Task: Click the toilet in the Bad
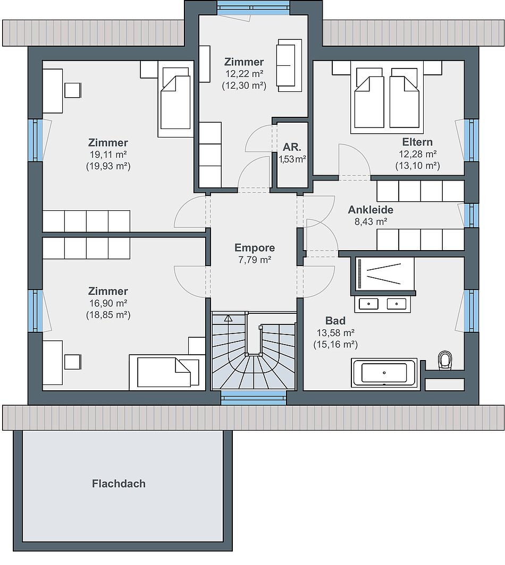click(x=445, y=361)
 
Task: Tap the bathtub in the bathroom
click(x=384, y=373)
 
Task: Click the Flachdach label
click(x=119, y=483)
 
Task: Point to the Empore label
click(x=255, y=247)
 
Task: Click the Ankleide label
click(x=371, y=209)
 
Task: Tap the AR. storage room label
click(x=292, y=147)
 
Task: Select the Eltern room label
click(x=417, y=142)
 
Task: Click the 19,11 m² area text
click(x=108, y=154)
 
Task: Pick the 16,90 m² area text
click(x=108, y=303)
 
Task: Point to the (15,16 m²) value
click(x=335, y=345)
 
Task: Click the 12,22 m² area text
click(x=244, y=73)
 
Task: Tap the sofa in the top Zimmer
click(x=289, y=65)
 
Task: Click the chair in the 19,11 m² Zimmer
click(x=72, y=90)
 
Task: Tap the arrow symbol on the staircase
click(x=229, y=318)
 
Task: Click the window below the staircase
click(x=254, y=398)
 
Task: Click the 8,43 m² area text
click(x=371, y=221)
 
